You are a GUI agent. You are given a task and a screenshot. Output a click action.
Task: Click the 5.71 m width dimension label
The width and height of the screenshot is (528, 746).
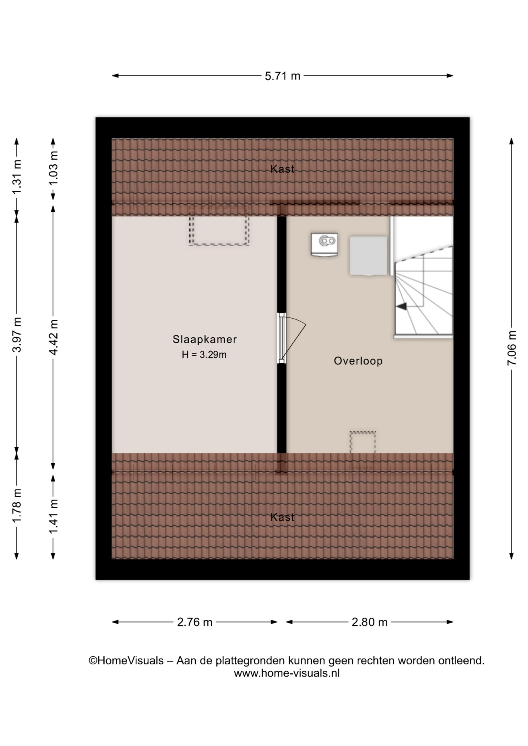283,76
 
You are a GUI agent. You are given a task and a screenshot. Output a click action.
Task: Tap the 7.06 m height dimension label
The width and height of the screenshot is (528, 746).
512,348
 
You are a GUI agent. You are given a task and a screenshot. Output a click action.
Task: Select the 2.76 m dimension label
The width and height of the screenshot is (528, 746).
195,622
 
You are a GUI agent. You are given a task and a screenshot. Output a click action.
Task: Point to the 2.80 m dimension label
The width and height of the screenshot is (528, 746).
369,622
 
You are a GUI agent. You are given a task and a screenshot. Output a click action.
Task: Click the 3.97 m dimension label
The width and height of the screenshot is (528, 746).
17,335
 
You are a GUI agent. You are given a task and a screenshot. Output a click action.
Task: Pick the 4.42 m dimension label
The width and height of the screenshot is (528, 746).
53,337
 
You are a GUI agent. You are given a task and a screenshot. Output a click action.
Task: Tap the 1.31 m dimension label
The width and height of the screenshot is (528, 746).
17,177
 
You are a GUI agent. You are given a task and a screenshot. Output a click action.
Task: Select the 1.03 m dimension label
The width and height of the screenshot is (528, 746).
53,169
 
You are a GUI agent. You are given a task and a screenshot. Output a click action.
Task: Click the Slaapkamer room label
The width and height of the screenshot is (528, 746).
205,339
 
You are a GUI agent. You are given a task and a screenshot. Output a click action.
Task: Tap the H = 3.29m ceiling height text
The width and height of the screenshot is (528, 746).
204,355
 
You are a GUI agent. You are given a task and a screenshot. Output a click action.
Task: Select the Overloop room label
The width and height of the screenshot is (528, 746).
358,361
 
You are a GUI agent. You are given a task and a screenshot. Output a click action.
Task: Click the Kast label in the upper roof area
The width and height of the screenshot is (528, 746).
283,169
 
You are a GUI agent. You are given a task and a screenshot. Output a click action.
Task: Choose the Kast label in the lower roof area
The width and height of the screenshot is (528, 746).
283,517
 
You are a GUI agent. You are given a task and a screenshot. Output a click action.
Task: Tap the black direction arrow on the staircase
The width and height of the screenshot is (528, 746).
402,307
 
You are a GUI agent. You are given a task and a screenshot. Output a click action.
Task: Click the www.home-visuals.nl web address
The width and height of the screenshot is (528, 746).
287,673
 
